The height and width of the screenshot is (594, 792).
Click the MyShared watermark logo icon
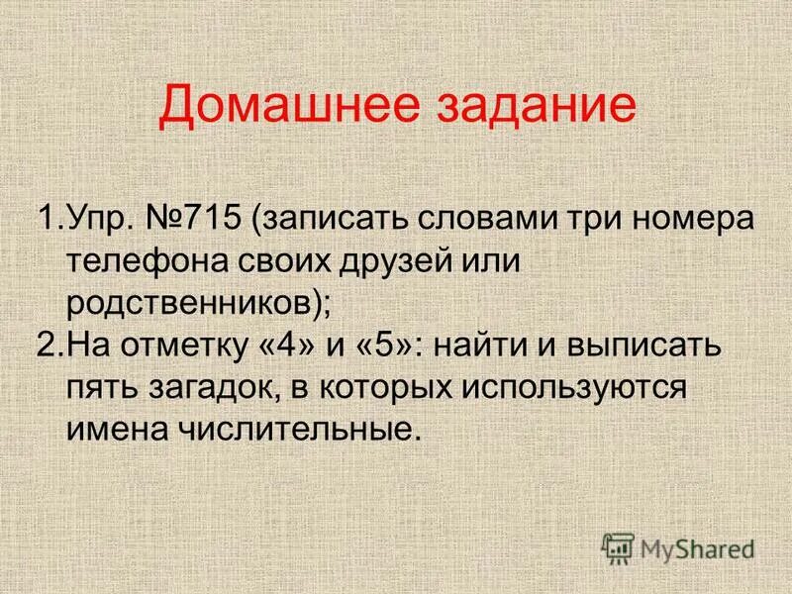619,546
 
